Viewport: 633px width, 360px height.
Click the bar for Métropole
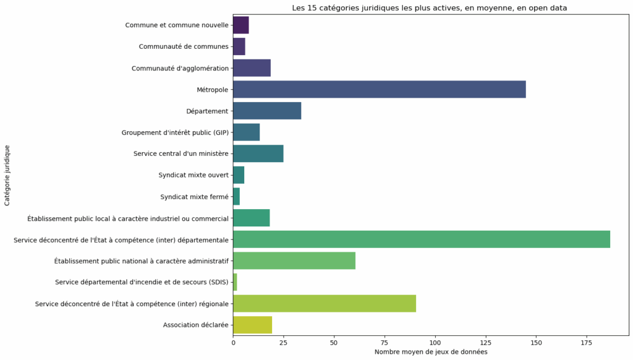(x=379, y=89)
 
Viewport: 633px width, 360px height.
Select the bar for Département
(x=267, y=111)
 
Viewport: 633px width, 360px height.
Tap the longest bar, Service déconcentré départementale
(x=421, y=239)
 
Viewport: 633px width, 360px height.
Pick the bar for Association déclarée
(x=252, y=325)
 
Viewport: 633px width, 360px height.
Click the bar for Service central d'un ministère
(x=258, y=153)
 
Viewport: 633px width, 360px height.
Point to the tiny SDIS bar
(x=235, y=282)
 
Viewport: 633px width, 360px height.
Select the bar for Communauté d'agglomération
(x=252, y=68)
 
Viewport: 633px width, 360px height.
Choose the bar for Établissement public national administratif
(x=294, y=260)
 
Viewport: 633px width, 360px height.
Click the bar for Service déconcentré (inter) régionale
(x=324, y=304)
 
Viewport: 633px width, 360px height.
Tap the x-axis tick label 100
(x=435, y=341)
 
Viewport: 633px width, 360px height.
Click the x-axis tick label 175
(x=586, y=341)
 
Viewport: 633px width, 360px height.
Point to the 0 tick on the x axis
(x=233, y=341)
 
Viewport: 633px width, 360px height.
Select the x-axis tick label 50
(x=334, y=341)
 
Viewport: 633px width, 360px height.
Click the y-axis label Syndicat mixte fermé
(x=194, y=197)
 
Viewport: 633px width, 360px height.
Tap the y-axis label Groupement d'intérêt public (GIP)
(x=175, y=132)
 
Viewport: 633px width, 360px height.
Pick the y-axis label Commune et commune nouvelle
(x=177, y=25)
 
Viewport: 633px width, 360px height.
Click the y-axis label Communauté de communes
(x=184, y=46)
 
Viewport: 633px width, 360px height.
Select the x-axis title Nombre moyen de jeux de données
(x=430, y=352)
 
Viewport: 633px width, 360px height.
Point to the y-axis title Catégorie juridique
(x=7, y=175)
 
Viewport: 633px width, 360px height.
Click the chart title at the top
(x=429, y=8)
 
